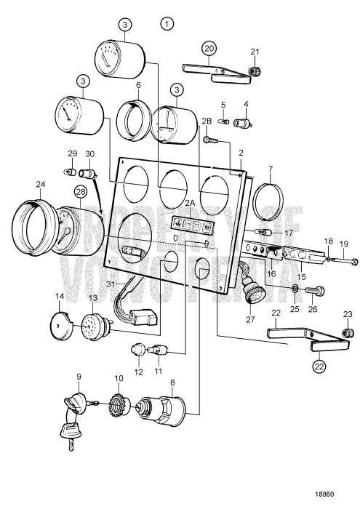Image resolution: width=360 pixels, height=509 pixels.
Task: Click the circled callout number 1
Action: (x=168, y=24)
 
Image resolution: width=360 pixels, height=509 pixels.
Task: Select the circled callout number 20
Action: (x=209, y=47)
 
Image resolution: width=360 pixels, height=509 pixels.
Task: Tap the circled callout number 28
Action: (x=79, y=191)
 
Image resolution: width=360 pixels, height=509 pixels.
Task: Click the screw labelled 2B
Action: (x=210, y=138)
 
